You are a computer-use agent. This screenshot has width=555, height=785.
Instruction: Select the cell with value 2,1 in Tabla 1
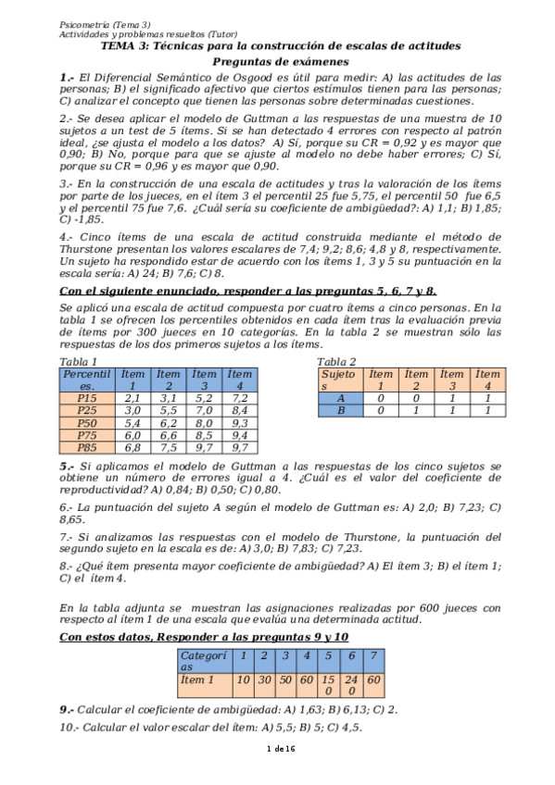[x=132, y=397]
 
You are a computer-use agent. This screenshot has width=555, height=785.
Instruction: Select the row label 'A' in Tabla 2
[x=340, y=397]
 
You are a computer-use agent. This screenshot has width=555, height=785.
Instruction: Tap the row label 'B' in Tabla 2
[x=340, y=410]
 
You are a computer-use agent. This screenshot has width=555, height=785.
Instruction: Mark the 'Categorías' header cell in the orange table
[x=203, y=661]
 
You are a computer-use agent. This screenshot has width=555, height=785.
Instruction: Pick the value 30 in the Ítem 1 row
[x=264, y=679]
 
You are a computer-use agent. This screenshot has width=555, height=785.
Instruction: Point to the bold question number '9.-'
[x=70, y=709]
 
